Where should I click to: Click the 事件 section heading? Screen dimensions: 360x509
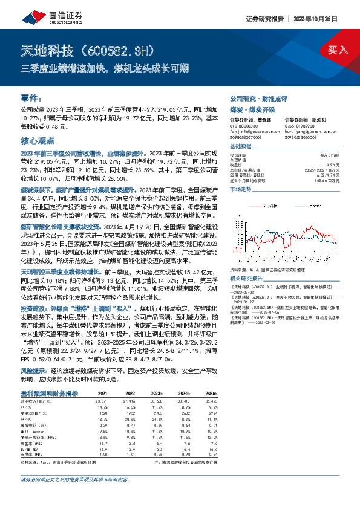pyautogui.click(x=31, y=97)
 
